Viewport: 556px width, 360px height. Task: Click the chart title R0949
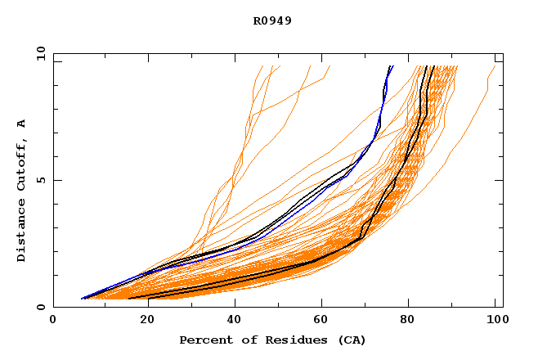(x=272, y=20)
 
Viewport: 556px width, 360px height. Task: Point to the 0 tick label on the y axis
(x=40, y=308)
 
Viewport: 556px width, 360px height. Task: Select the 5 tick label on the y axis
(x=40, y=180)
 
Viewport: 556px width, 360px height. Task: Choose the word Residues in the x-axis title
(x=279, y=340)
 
